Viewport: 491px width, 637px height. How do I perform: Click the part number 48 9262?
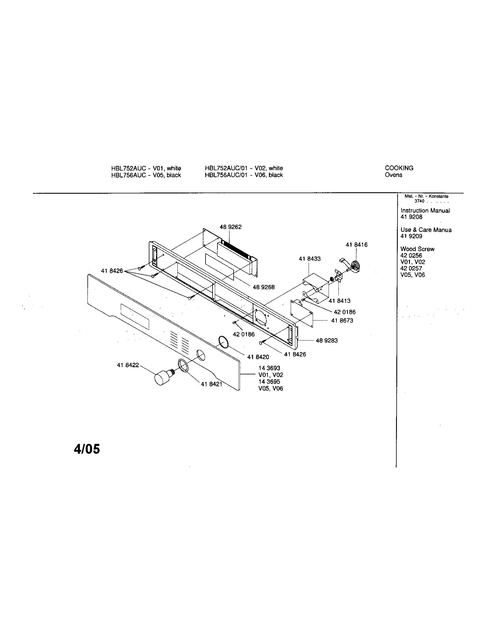coord(230,227)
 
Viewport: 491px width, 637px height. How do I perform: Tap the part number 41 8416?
coord(356,245)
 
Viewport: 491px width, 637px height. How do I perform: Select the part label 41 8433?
coord(309,259)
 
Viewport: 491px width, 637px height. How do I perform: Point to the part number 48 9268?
coord(263,287)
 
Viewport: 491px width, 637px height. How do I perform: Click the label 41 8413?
coord(339,301)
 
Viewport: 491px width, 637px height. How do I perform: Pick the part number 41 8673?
coord(342,320)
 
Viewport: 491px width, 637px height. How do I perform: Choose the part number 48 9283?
coord(327,341)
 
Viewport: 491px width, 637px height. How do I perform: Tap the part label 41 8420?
coord(258,357)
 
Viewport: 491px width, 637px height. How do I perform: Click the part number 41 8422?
coord(128,365)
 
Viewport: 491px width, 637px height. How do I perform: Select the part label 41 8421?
coord(211,384)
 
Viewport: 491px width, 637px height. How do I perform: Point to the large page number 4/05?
coord(87,449)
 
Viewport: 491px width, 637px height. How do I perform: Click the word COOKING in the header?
coord(399,168)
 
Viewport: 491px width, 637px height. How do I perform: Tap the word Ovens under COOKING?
coord(393,175)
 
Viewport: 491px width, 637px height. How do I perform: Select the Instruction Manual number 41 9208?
coord(411,217)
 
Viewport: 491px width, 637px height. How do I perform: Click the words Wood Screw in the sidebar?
coord(417,249)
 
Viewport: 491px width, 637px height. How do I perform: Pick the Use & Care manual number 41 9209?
coord(411,236)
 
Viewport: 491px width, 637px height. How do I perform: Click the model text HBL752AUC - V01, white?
coord(146,168)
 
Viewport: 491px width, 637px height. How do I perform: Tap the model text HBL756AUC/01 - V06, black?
coord(244,175)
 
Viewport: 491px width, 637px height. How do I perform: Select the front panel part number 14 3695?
coord(269,382)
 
